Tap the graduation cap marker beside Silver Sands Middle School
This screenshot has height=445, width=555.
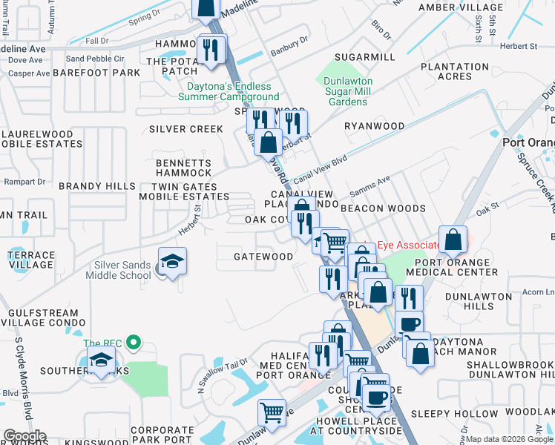[x=172, y=262]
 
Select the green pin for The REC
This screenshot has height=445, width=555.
[x=134, y=343]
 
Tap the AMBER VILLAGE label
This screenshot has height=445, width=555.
[x=460, y=7]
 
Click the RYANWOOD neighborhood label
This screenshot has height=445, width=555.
[x=375, y=126]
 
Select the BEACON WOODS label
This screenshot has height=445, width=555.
[x=383, y=209]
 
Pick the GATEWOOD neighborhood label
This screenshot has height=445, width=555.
[x=263, y=257]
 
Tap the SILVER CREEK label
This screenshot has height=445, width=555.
[x=185, y=129]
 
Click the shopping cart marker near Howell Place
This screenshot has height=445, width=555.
[x=272, y=412]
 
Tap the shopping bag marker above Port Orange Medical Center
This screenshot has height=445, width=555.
[x=453, y=240]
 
